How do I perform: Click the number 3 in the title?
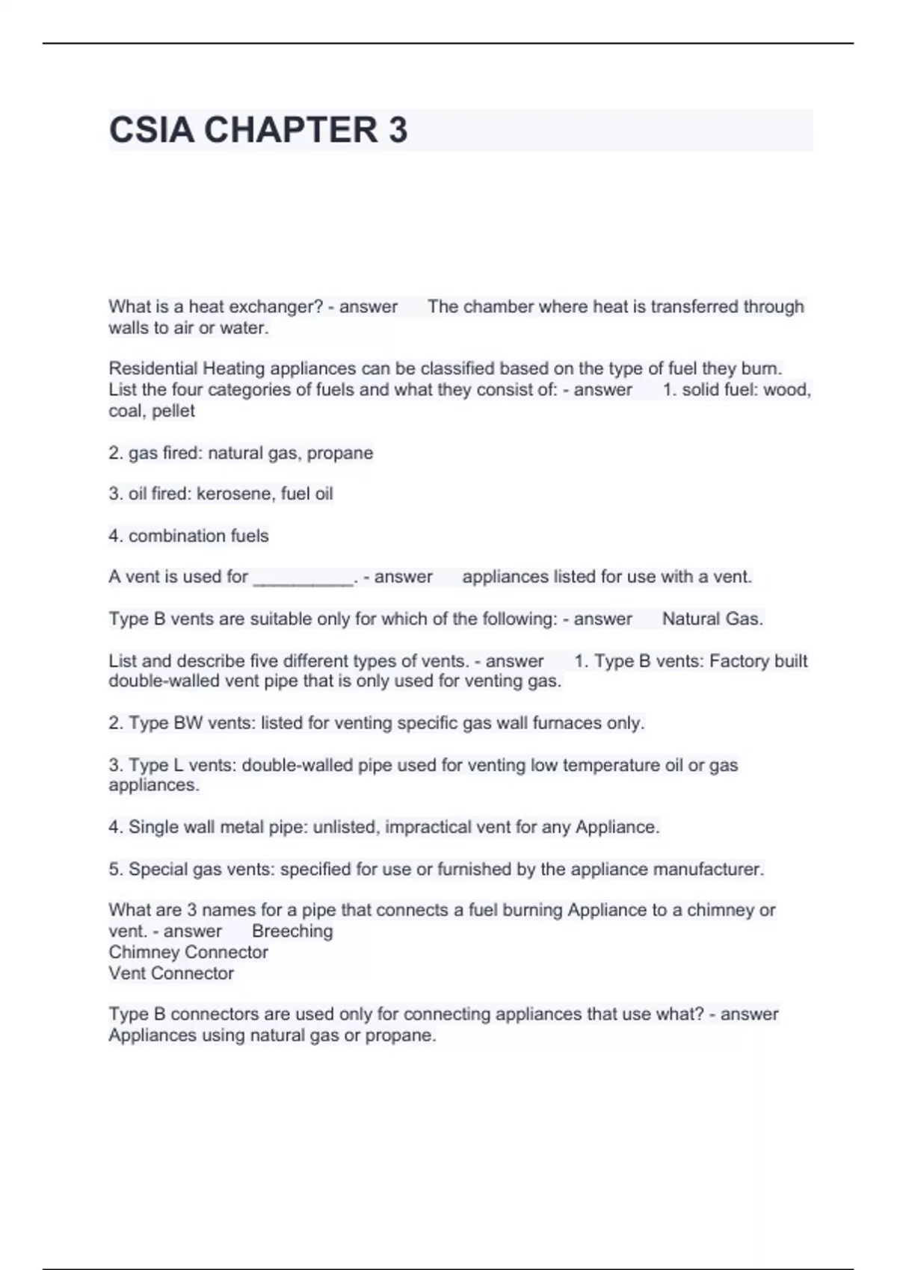point(398,130)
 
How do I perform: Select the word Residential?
point(153,368)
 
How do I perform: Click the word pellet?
point(173,411)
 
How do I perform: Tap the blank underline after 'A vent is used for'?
point(303,577)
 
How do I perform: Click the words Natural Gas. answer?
point(712,619)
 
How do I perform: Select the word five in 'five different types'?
point(286,661)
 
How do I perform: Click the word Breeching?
point(292,932)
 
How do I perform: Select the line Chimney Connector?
point(188,952)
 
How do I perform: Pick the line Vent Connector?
point(171,973)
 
